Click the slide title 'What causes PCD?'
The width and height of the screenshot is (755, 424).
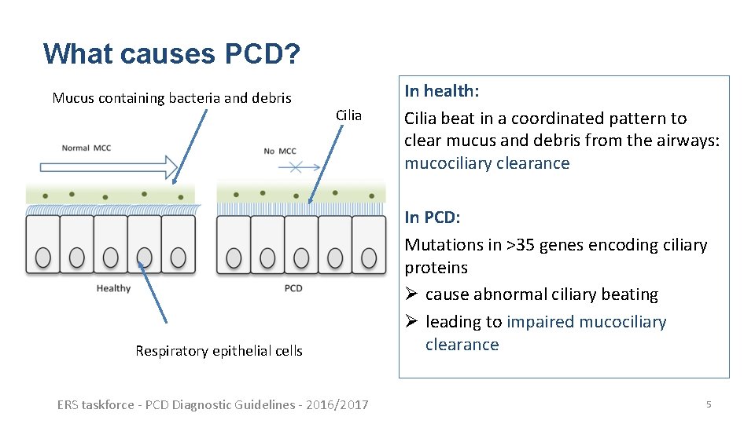[x=171, y=53]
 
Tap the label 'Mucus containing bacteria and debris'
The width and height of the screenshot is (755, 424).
[x=171, y=98]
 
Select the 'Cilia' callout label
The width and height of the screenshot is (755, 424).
[x=348, y=115]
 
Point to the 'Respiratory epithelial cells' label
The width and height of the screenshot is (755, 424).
[x=219, y=351]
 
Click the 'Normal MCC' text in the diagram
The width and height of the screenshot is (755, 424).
[x=87, y=148]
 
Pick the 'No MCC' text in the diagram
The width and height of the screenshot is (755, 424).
[x=279, y=151]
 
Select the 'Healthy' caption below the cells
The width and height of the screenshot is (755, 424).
[x=113, y=288]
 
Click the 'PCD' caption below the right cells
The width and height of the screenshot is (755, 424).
[x=293, y=288]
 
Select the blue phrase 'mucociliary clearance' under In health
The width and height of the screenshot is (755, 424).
[x=487, y=163]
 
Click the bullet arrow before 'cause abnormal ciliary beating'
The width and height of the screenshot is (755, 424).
[x=411, y=294]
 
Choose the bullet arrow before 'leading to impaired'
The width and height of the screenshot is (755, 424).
[x=411, y=322]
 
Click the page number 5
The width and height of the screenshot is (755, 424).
[x=708, y=404]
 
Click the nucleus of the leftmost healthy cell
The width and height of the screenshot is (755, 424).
[x=43, y=257]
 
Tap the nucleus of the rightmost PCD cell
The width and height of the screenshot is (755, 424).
[x=370, y=257]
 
